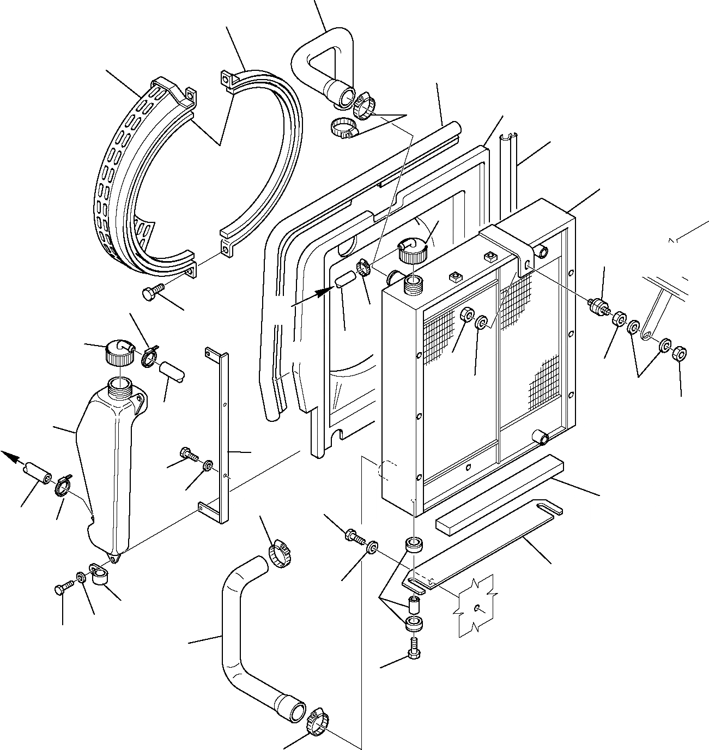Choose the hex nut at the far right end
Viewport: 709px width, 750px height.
point(678,354)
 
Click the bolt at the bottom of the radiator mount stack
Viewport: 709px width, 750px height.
point(413,648)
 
